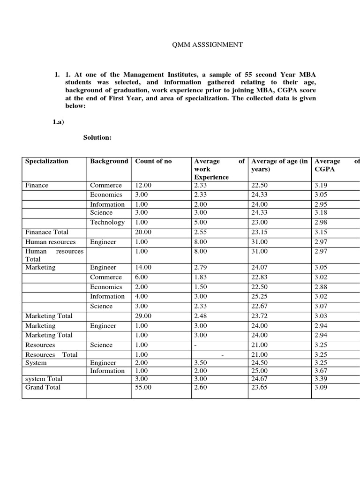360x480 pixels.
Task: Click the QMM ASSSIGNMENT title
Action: (205, 45)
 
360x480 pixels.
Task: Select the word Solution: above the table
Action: (97, 137)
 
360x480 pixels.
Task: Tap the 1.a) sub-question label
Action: (58, 122)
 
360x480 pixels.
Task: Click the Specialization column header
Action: (46, 161)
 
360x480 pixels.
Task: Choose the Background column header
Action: (109, 161)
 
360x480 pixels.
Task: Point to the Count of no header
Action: (153, 161)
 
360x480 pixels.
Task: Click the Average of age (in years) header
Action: (279, 165)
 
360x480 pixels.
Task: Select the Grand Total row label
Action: (43, 387)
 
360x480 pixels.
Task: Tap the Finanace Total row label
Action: (46, 232)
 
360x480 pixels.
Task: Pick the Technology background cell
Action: (107, 222)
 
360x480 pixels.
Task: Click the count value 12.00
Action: (143, 185)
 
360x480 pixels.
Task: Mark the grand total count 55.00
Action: (143, 387)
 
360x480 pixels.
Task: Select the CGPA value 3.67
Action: (322, 371)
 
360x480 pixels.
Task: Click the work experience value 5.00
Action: (200, 222)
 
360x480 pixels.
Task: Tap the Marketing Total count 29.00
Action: (143, 316)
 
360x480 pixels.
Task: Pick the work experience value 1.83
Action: (200, 277)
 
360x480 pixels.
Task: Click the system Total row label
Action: (44, 379)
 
